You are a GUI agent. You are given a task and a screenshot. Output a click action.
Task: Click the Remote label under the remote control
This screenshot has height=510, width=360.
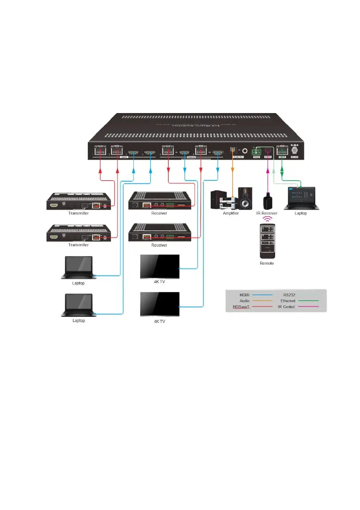tap(267, 263)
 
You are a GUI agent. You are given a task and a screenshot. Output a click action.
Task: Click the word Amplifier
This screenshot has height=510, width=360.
tap(231, 213)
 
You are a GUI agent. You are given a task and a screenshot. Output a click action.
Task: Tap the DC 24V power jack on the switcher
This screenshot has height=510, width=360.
tap(294, 150)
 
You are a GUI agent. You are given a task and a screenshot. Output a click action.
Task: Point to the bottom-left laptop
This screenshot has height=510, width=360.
tap(78, 305)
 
